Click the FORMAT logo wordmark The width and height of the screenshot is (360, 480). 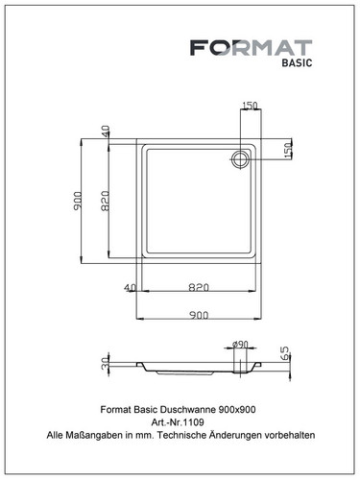coord(252,48)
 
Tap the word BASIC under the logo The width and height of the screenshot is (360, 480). coord(297,62)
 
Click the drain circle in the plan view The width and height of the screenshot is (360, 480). coord(239,159)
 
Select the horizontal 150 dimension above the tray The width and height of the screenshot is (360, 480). coord(250,106)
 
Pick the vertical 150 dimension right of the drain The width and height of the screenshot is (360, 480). coord(288,150)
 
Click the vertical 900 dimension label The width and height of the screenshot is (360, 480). coord(78,201)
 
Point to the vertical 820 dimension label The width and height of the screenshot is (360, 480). coord(105,201)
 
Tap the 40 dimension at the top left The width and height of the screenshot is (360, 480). coord(106,131)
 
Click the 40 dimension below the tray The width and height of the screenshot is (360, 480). coord(130,288)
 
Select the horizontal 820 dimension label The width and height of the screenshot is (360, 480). coord(199,287)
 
